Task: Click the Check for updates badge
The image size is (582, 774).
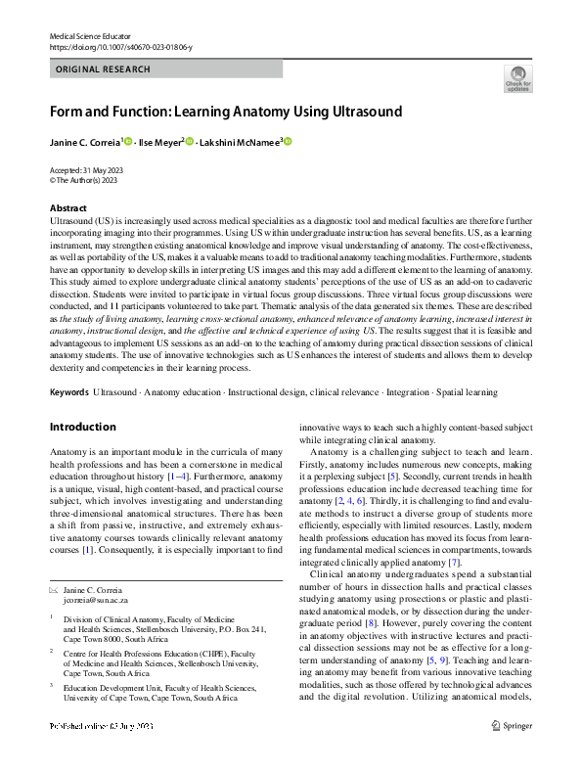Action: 518,77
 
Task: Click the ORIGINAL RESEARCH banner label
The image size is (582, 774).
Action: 104,69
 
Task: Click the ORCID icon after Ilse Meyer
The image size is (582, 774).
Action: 190,142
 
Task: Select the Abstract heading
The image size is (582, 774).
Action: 68,208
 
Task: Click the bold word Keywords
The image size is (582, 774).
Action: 68,392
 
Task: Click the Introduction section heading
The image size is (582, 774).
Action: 82,428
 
